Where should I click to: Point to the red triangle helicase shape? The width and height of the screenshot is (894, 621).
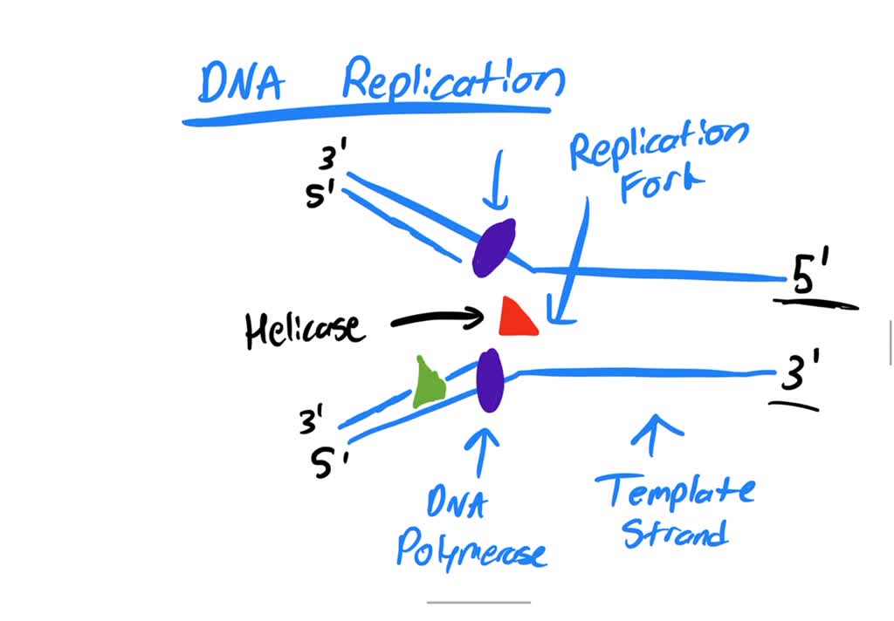[515, 317]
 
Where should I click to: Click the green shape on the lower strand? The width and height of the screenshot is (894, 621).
[428, 383]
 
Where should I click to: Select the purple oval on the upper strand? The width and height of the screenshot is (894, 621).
[493, 249]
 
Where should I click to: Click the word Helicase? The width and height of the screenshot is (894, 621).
[304, 329]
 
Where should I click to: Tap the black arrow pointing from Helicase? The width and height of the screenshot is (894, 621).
[437, 319]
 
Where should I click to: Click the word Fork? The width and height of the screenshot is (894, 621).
[661, 182]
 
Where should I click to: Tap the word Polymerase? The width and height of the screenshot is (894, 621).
[471, 549]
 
